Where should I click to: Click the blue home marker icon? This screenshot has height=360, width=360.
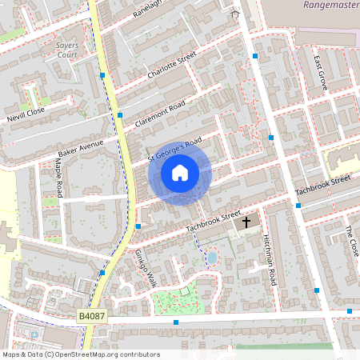(180, 172)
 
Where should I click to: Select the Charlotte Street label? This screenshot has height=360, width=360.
(172, 66)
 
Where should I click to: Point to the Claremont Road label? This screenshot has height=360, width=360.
(160, 114)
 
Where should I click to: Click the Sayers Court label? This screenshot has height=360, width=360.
(67, 51)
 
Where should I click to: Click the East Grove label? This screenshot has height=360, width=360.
(320, 74)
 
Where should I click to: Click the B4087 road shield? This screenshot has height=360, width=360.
(91, 318)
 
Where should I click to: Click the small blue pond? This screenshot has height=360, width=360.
(212, 258)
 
